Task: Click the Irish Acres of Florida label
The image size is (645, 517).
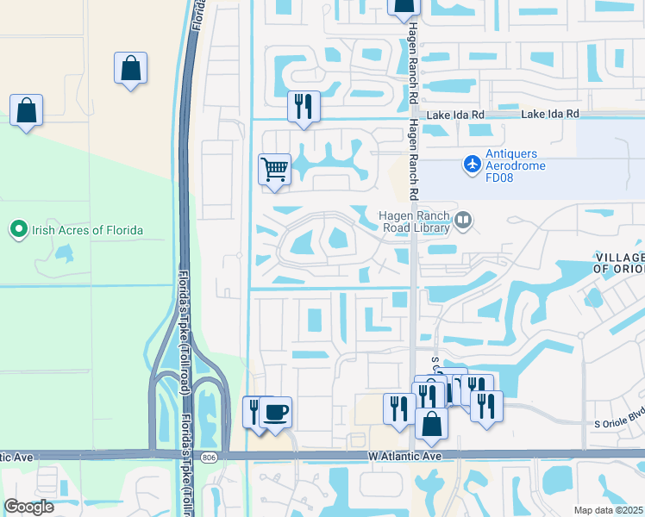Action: pos(87,230)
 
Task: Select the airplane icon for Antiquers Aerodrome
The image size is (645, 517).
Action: pos(472,162)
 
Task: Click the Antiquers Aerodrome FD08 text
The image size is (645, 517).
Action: pos(516,160)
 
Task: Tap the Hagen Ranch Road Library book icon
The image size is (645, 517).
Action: pos(463,221)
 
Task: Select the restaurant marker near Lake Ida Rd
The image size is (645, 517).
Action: pos(303,106)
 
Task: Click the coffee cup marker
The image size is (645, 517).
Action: pos(275,411)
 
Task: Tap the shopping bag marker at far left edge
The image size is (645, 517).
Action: pos(27,109)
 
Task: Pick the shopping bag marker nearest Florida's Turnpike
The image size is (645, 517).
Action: pos(130,68)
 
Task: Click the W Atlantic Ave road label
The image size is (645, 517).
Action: pos(404,455)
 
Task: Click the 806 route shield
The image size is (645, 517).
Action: pos(210,455)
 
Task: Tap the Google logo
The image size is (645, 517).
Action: pos(28,507)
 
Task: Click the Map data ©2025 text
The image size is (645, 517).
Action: pos(607,510)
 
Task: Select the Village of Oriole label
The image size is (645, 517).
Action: pos(619,263)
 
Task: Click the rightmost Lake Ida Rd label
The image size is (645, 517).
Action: pos(549,114)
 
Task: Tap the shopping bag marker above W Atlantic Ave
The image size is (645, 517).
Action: pos(431,423)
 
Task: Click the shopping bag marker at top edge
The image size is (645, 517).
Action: pos(403,7)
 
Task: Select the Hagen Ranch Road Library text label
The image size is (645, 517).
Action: pos(415,221)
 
